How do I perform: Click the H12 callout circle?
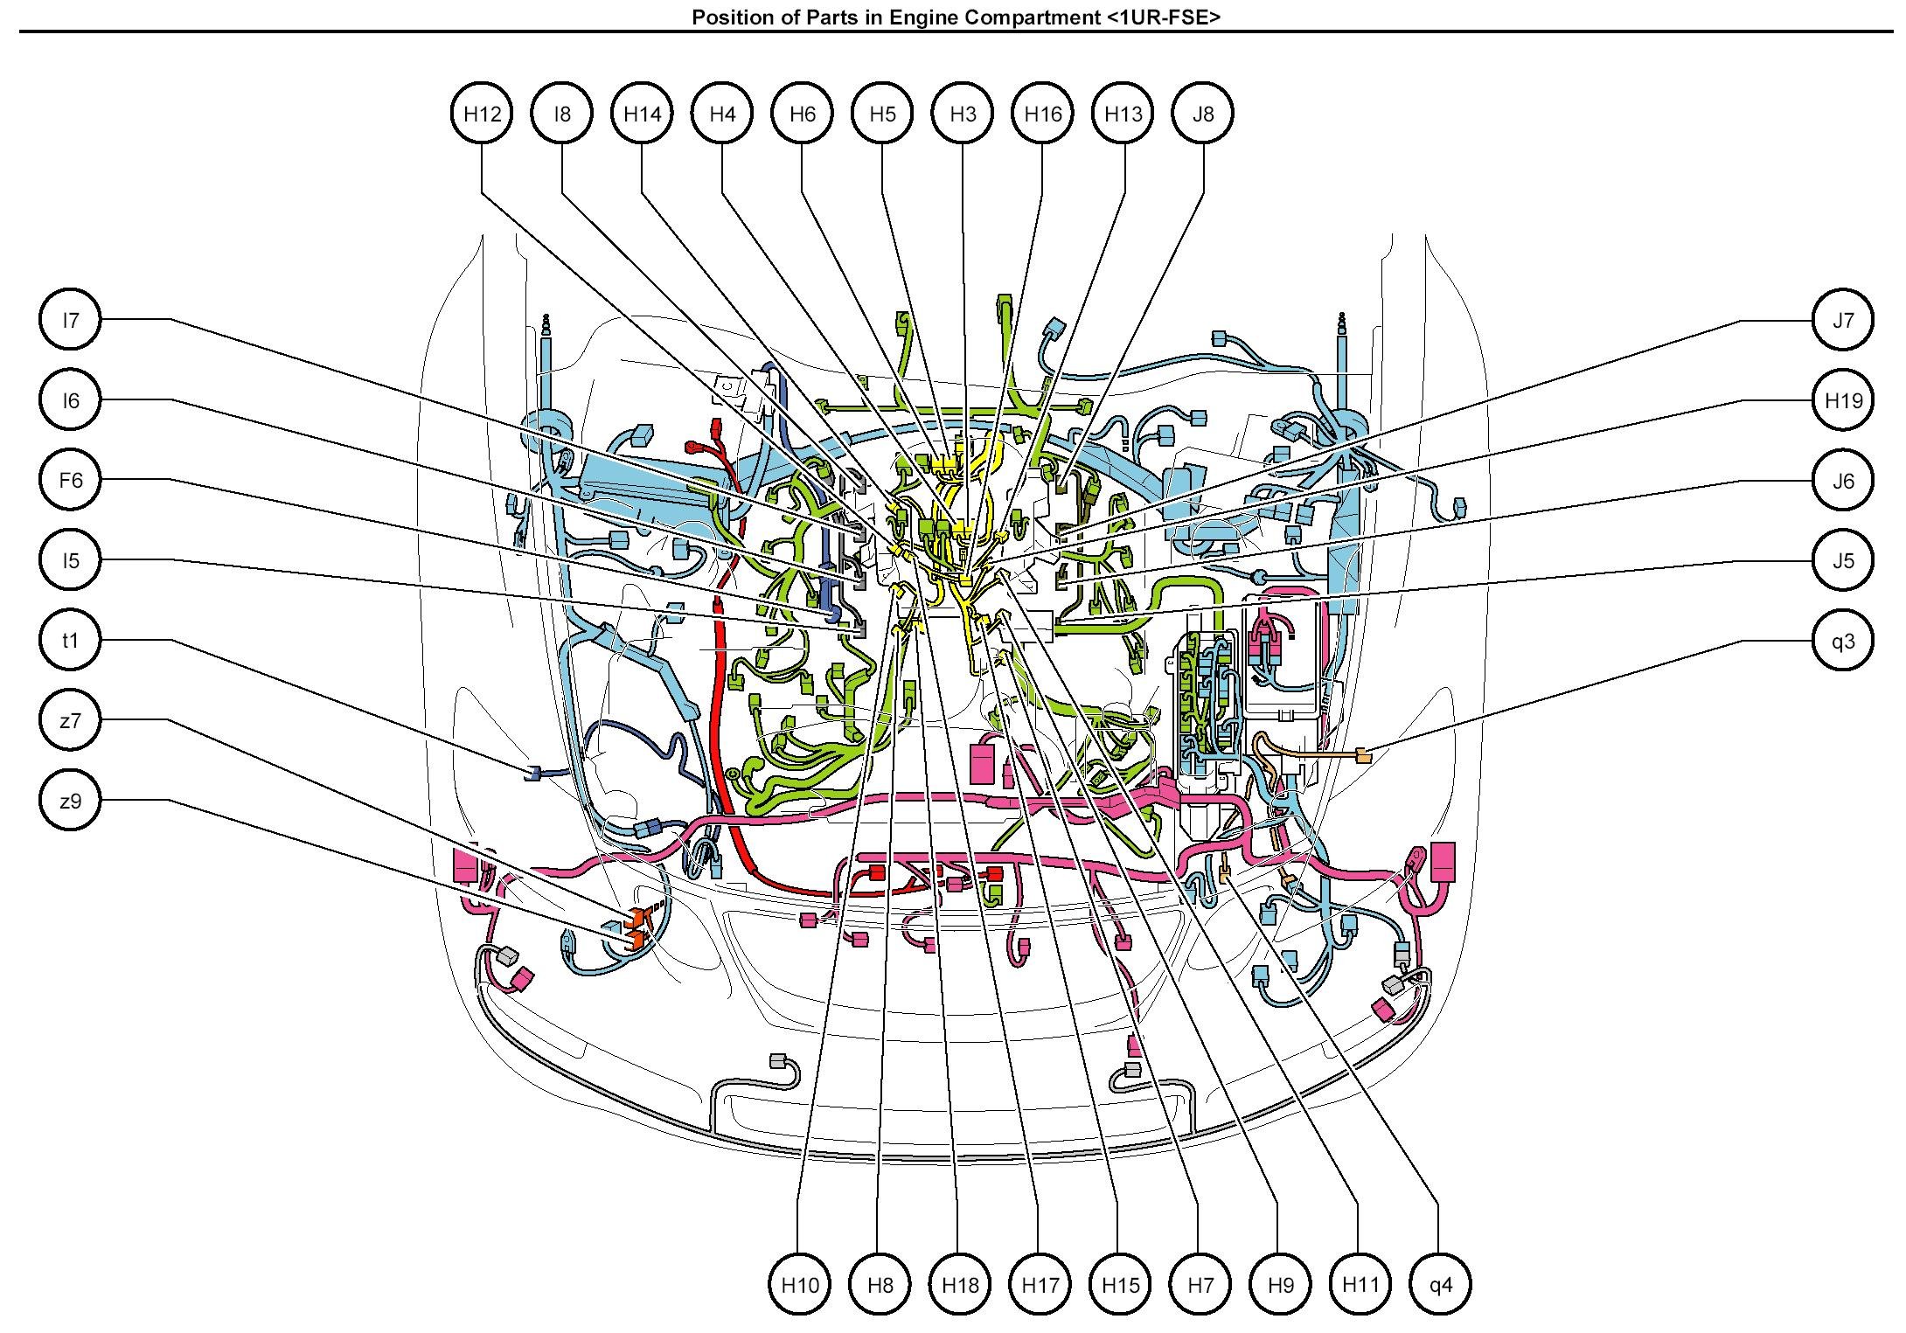482,114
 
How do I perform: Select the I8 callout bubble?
562,114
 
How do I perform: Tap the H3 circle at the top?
963,114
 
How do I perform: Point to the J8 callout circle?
1203,114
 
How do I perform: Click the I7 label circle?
71,320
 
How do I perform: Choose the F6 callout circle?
71,480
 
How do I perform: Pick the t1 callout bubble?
71,641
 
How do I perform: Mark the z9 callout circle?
71,801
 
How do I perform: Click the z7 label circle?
71,720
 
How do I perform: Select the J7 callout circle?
1843,320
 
